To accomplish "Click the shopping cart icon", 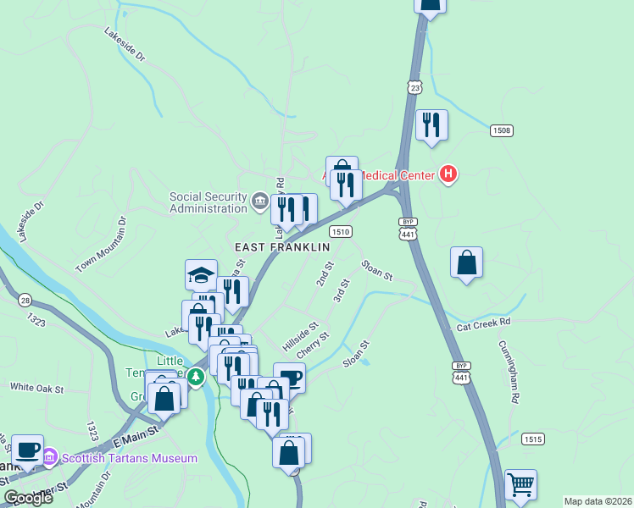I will (x=520, y=485).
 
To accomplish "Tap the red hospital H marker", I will (x=448, y=175).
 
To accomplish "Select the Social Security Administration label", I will (x=208, y=202).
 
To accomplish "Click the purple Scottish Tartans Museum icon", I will (x=49, y=458).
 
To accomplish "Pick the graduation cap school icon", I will (x=202, y=274).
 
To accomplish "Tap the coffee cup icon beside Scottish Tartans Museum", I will (x=27, y=450).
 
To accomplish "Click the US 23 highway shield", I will (x=414, y=87).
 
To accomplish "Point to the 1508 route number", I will (x=501, y=130).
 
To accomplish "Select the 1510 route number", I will (x=341, y=231).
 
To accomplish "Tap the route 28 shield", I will (x=25, y=301).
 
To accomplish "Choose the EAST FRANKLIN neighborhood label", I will (x=281, y=247).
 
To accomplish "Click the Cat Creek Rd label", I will (x=485, y=323).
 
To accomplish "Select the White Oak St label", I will (x=37, y=388).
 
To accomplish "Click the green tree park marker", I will (x=196, y=376).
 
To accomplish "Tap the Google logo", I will (x=28, y=498).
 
